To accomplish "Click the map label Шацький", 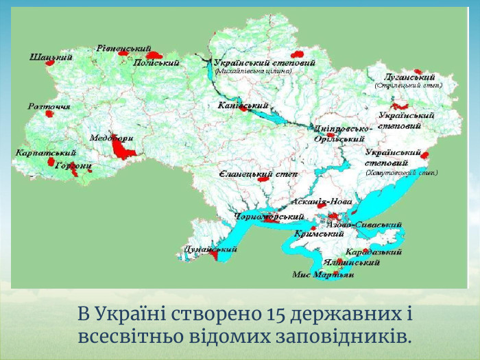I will [x=51, y=58].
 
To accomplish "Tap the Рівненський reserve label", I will [x=123, y=49].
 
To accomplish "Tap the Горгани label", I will [x=73, y=165].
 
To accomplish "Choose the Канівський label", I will [x=243, y=106].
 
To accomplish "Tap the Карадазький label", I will [x=374, y=252].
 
